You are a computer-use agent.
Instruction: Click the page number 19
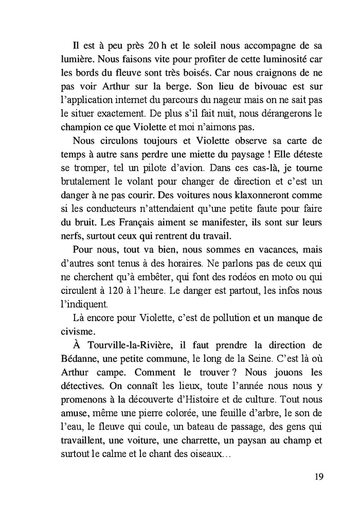[318, 477]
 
